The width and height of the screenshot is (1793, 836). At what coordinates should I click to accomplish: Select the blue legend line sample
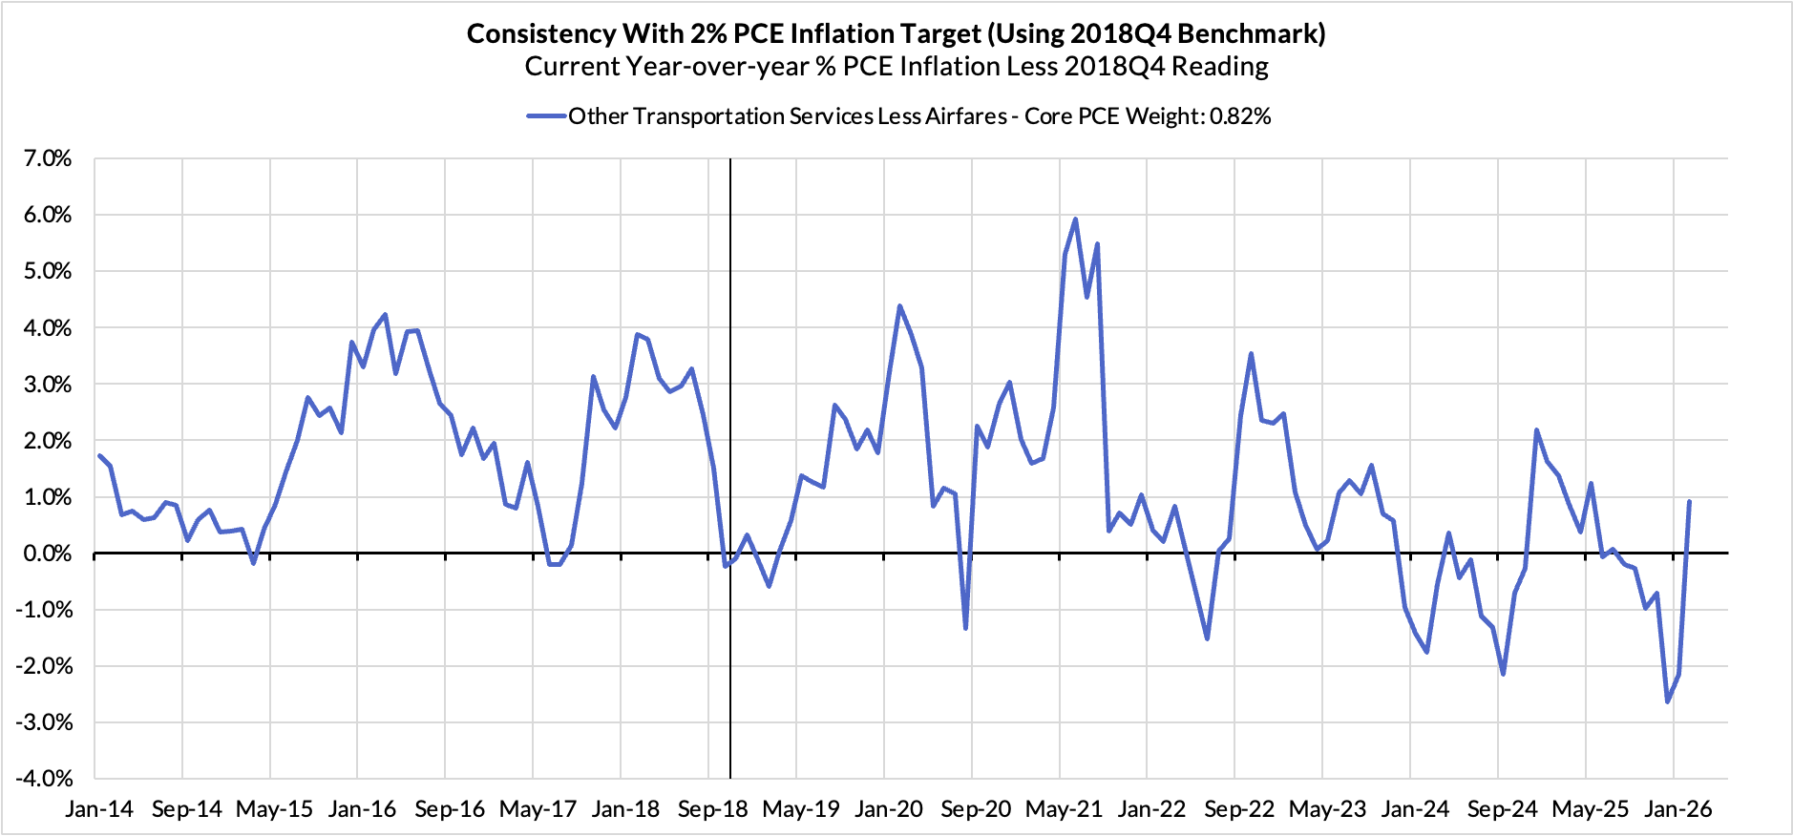(546, 116)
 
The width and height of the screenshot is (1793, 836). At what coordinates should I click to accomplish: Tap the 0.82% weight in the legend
(1240, 116)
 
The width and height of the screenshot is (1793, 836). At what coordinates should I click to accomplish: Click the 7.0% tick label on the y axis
(47, 158)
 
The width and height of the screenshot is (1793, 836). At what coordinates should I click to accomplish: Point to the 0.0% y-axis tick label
(47, 554)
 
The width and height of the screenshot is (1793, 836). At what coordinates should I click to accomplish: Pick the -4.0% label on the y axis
(43, 779)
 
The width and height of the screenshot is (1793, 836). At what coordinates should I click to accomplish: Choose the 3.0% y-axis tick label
(47, 385)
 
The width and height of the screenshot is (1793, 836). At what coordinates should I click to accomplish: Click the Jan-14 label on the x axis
(99, 809)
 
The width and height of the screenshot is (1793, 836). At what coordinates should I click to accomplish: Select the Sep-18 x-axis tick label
(713, 809)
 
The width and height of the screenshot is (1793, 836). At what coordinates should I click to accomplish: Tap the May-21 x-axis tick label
(1064, 809)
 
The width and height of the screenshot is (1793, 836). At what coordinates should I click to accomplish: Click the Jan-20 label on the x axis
(889, 809)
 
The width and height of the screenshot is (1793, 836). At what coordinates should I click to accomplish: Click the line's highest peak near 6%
(1076, 219)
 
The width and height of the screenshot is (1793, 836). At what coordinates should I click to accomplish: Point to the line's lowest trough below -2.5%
(1668, 702)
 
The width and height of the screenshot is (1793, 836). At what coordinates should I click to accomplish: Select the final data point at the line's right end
(1690, 501)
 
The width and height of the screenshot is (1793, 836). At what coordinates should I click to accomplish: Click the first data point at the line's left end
(99, 455)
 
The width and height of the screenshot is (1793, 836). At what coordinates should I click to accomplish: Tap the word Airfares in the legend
(965, 116)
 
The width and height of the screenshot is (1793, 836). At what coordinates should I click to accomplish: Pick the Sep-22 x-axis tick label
(1239, 809)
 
